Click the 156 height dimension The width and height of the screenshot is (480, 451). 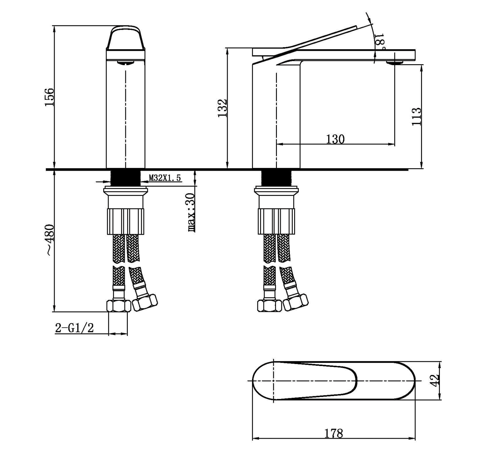pyautogui.click(x=49, y=97)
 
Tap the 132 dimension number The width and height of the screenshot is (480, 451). pyautogui.click(x=223, y=108)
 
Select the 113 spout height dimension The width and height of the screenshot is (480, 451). pyautogui.click(x=416, y=116)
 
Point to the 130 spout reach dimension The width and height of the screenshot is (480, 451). pyautogui.click(x=335, y=139)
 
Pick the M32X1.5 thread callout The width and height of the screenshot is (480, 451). pyautogui.click(x=165, y=178)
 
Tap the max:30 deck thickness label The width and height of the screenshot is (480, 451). pyautogui.click(x=191, y=212)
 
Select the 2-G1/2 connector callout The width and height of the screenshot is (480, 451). pyautogui.click(x=75, y=328)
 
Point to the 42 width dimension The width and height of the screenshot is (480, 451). pyautogui.click(x=435, y=381)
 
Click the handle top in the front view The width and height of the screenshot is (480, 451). pyautogui.click(x=126, y=38)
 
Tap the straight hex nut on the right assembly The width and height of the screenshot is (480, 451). pyautogui.click(x=269, y=306)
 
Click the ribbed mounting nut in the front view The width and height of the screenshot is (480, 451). pyautogui.click(x=126, y=221)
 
